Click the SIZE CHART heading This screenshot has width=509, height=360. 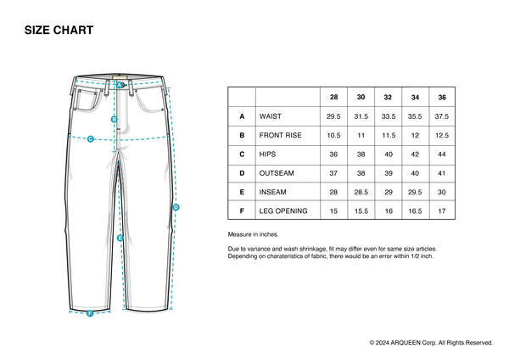tap(59, 31)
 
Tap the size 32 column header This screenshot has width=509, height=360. tap(388, 97)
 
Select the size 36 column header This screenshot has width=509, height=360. tap(442, 97)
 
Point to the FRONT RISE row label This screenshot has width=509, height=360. tap(280, 135)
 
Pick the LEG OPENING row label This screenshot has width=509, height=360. tap(283, 211)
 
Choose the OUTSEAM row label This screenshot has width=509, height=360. tap(276, 173)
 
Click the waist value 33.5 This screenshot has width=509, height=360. tap(388, 116)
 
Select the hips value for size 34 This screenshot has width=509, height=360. tap(415, 155)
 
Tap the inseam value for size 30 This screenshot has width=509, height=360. tap(361, 192)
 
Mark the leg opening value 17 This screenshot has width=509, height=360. tap(442, 211)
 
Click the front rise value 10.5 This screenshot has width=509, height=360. tap(333, 135)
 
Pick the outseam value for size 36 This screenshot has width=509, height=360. tap(442, 173)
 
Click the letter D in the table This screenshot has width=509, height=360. tap(242, 173)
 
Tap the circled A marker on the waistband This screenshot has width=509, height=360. tap(120, 85)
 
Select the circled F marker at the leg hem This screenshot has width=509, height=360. tap(90, 313)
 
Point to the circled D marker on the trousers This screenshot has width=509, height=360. tap(176, 207)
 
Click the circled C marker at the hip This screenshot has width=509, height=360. tap(90, 138)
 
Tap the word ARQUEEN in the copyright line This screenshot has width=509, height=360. tap(408, 342)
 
